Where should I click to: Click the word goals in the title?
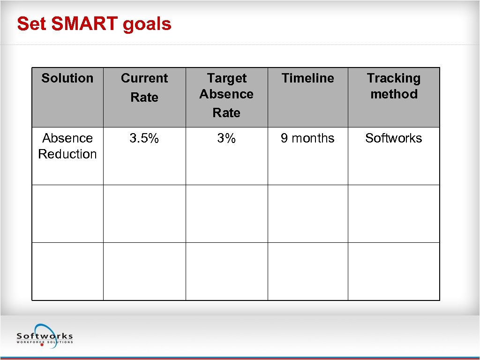147,24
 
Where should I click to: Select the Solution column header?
67,78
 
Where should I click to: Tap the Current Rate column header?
144,88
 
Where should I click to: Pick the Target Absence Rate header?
226,95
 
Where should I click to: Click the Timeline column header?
307,78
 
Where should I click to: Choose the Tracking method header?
394,86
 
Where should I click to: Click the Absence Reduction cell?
67,146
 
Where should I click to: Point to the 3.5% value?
144,138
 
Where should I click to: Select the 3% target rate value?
226,138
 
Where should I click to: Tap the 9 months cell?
307,138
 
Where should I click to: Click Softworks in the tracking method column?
394,138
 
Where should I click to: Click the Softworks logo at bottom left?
45,335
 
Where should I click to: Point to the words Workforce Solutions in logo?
45,342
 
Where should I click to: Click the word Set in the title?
31,24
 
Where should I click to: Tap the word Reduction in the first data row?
67,154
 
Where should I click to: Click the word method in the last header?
394,94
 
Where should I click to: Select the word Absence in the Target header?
226,94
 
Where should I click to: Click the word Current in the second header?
144,78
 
